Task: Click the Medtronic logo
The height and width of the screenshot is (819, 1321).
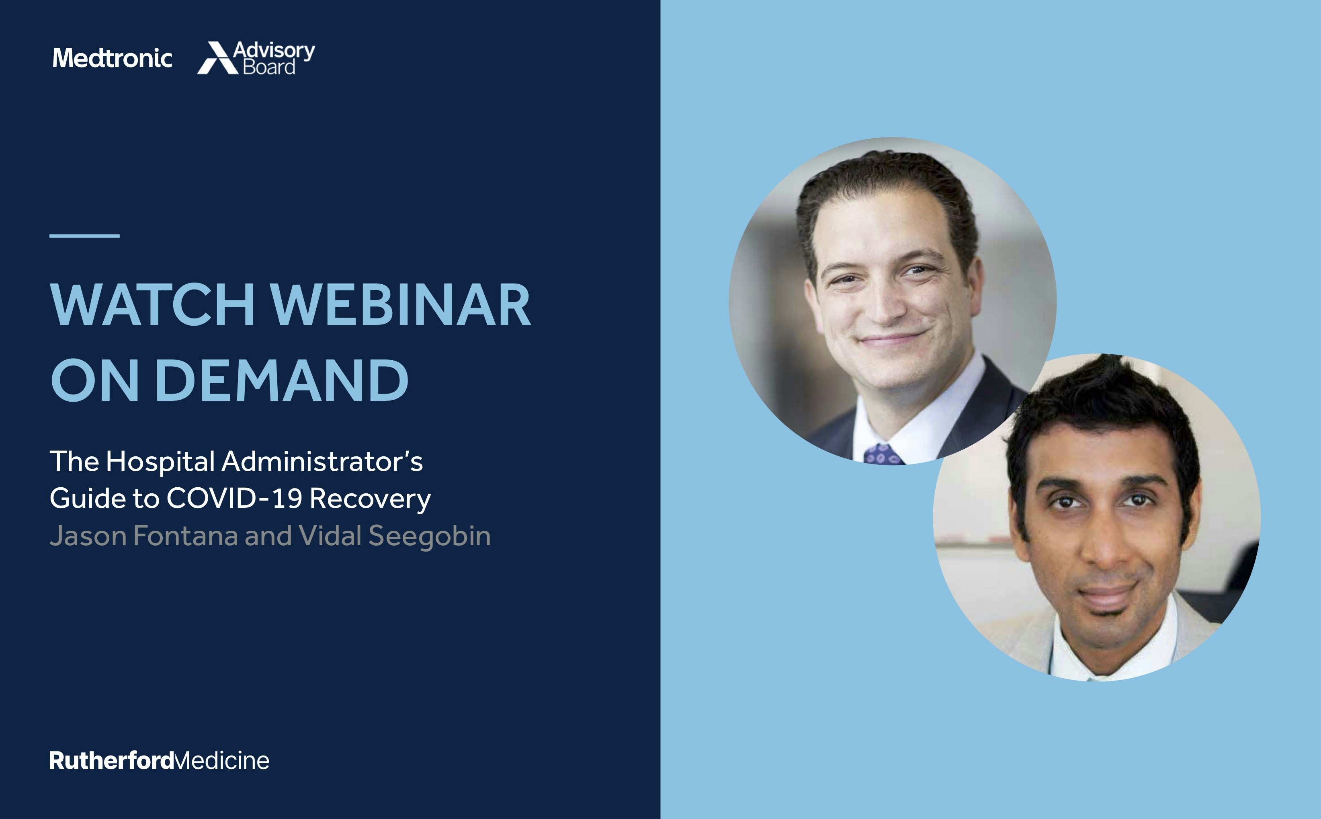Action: point(113,58)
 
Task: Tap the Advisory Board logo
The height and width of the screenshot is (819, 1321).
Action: point(256,57)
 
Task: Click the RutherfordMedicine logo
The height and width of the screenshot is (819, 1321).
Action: point(159,761)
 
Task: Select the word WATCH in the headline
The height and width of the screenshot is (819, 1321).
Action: point(153,304)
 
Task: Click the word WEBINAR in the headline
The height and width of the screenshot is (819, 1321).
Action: point(401,304)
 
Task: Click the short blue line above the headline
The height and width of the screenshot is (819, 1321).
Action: point(84,236)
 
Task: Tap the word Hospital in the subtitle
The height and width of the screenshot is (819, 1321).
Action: point(160,462)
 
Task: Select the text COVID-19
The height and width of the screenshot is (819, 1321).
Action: point(234,498)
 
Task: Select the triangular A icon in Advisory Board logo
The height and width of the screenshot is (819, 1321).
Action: point(217,57)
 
